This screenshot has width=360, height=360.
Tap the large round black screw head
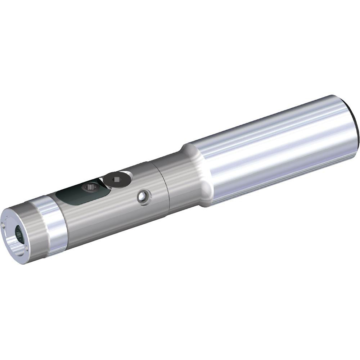(116, 179)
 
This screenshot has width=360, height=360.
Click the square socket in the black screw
(116, 179)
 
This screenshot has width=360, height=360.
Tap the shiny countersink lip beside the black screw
(128, 175)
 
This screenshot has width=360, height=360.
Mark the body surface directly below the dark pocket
(94, 216)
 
